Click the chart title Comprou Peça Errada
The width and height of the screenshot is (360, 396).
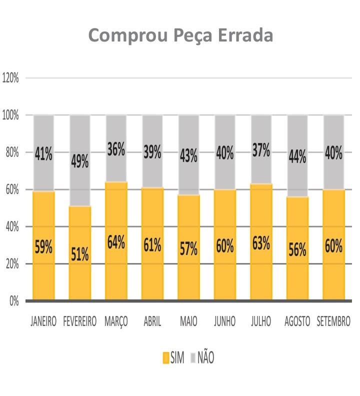(180, 35)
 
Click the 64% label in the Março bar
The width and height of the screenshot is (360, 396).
(116, 242)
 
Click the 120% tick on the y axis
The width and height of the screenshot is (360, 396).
(10, 78)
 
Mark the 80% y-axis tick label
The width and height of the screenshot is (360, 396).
(11, 152)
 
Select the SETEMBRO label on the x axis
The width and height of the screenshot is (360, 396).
(333, 321)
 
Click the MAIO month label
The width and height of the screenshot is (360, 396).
(188, 321)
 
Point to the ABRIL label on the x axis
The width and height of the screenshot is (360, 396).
(152, 321)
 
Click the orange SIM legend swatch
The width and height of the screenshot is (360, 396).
(166, 358)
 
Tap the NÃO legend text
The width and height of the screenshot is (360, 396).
(205, 358)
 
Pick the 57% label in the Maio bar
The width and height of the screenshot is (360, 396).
(188, 248)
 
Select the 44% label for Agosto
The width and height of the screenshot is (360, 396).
(297, 156)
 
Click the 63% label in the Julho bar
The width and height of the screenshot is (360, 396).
(261, 243)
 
